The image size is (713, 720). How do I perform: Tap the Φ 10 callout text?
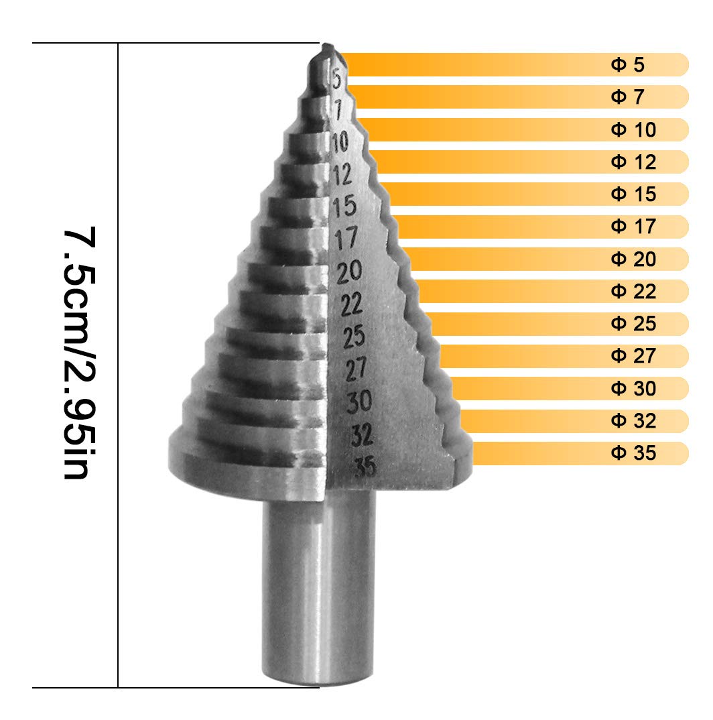tap(633, 129)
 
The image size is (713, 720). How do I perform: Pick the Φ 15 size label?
tap(633, 194)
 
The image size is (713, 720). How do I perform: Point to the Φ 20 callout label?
tap(633, 259)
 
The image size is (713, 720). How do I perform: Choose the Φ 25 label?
tap(633, 324)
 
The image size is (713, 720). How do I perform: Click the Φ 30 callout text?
tap(633, 389)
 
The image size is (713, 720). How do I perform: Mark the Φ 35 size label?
tap(633, 454)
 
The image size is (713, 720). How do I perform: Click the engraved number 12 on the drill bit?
tap(342, 175)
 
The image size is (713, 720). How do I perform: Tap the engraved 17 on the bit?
tap(346, 239)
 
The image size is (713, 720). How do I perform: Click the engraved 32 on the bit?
tap(363, 436)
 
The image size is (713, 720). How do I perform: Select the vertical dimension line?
tap(118, 365)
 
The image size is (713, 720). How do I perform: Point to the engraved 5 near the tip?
tap(336, 80)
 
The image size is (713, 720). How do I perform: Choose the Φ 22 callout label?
tap(633, 292)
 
